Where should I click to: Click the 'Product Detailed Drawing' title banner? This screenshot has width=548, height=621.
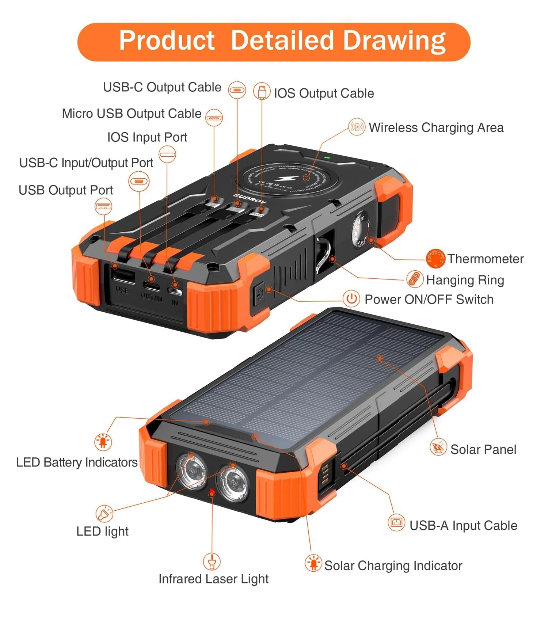pyautogui.click(x=274, y=42)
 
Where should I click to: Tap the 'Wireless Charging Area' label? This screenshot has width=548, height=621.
pyautogui.click(x=436, y=127)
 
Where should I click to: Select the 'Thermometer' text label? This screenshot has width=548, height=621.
pyautogui.click(x=485, y=259)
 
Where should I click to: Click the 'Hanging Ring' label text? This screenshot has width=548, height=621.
pyautogui.click(x=465, y=280)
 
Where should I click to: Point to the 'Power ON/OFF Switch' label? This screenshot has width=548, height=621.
pyautogui.click(x=429, y=300)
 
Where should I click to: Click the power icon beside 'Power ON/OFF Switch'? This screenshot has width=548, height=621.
pyautogui.click(x=351, y=299)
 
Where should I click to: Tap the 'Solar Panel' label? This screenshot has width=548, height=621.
pyautogui.click(x=483, y=449)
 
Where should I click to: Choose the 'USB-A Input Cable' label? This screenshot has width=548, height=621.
pyautogui.click(x=463, y=525)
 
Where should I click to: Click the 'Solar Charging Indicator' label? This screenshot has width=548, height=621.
pyautogui.click(x=393, y=565)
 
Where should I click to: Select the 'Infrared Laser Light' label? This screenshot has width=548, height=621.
pyautogui.click(x=213, y=579)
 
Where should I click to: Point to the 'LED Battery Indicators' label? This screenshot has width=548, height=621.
pyautogui.click(x=77, y=462)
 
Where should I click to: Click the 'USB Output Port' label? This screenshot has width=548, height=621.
pyautogui.click(x=66, y=190)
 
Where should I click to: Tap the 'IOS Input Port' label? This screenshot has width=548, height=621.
pyautogui.click(x=147, y=137)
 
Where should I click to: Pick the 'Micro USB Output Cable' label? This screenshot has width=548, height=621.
pyautogui.click(x=132, y=114)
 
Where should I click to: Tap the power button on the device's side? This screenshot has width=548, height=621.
pyautogui.click(x=259, y=294)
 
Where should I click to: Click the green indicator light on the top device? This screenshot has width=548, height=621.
pyautogui.click(x=327, y=158)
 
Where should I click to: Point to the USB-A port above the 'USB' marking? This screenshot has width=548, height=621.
pyautogui.click(x=123, y=276)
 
